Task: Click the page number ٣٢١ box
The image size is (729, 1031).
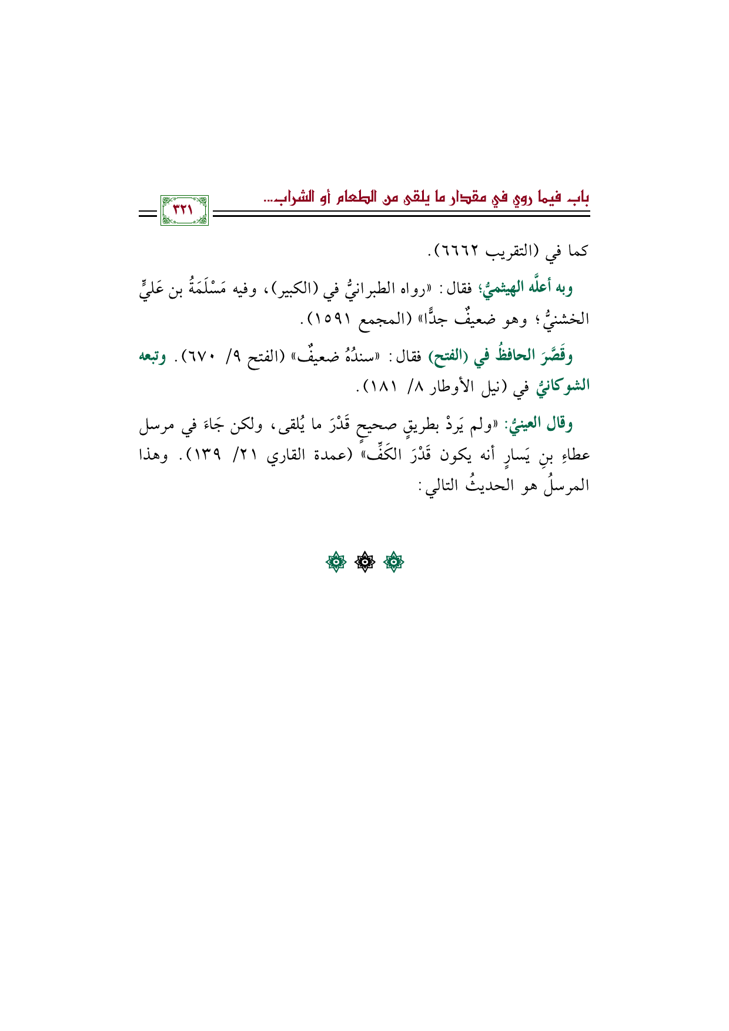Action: (x=184, y=210)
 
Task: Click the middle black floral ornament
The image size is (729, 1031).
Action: (x=364, y=563)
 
